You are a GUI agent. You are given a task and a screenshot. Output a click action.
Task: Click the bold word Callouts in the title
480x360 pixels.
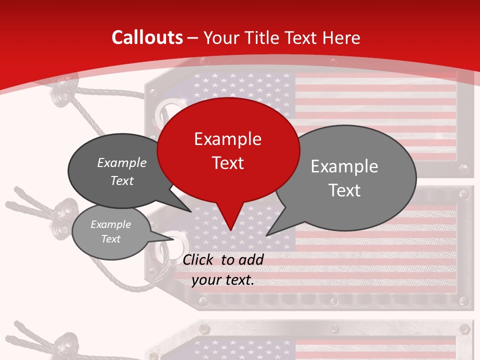147,37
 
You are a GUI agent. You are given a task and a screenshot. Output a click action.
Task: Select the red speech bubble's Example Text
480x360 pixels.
228,151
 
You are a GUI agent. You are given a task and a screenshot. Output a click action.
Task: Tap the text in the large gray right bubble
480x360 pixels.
344,178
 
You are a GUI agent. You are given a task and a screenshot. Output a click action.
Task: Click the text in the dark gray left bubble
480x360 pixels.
122,171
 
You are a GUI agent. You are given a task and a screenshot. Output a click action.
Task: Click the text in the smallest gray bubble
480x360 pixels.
110,231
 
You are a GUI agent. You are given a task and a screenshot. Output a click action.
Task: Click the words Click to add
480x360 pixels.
223,259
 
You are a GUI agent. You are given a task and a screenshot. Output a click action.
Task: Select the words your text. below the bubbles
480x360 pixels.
223,280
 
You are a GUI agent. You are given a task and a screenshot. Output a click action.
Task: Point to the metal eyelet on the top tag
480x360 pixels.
166,110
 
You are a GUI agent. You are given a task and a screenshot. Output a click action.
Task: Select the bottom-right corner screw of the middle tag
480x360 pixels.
464,301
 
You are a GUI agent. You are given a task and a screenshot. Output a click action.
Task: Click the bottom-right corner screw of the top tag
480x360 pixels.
464,169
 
